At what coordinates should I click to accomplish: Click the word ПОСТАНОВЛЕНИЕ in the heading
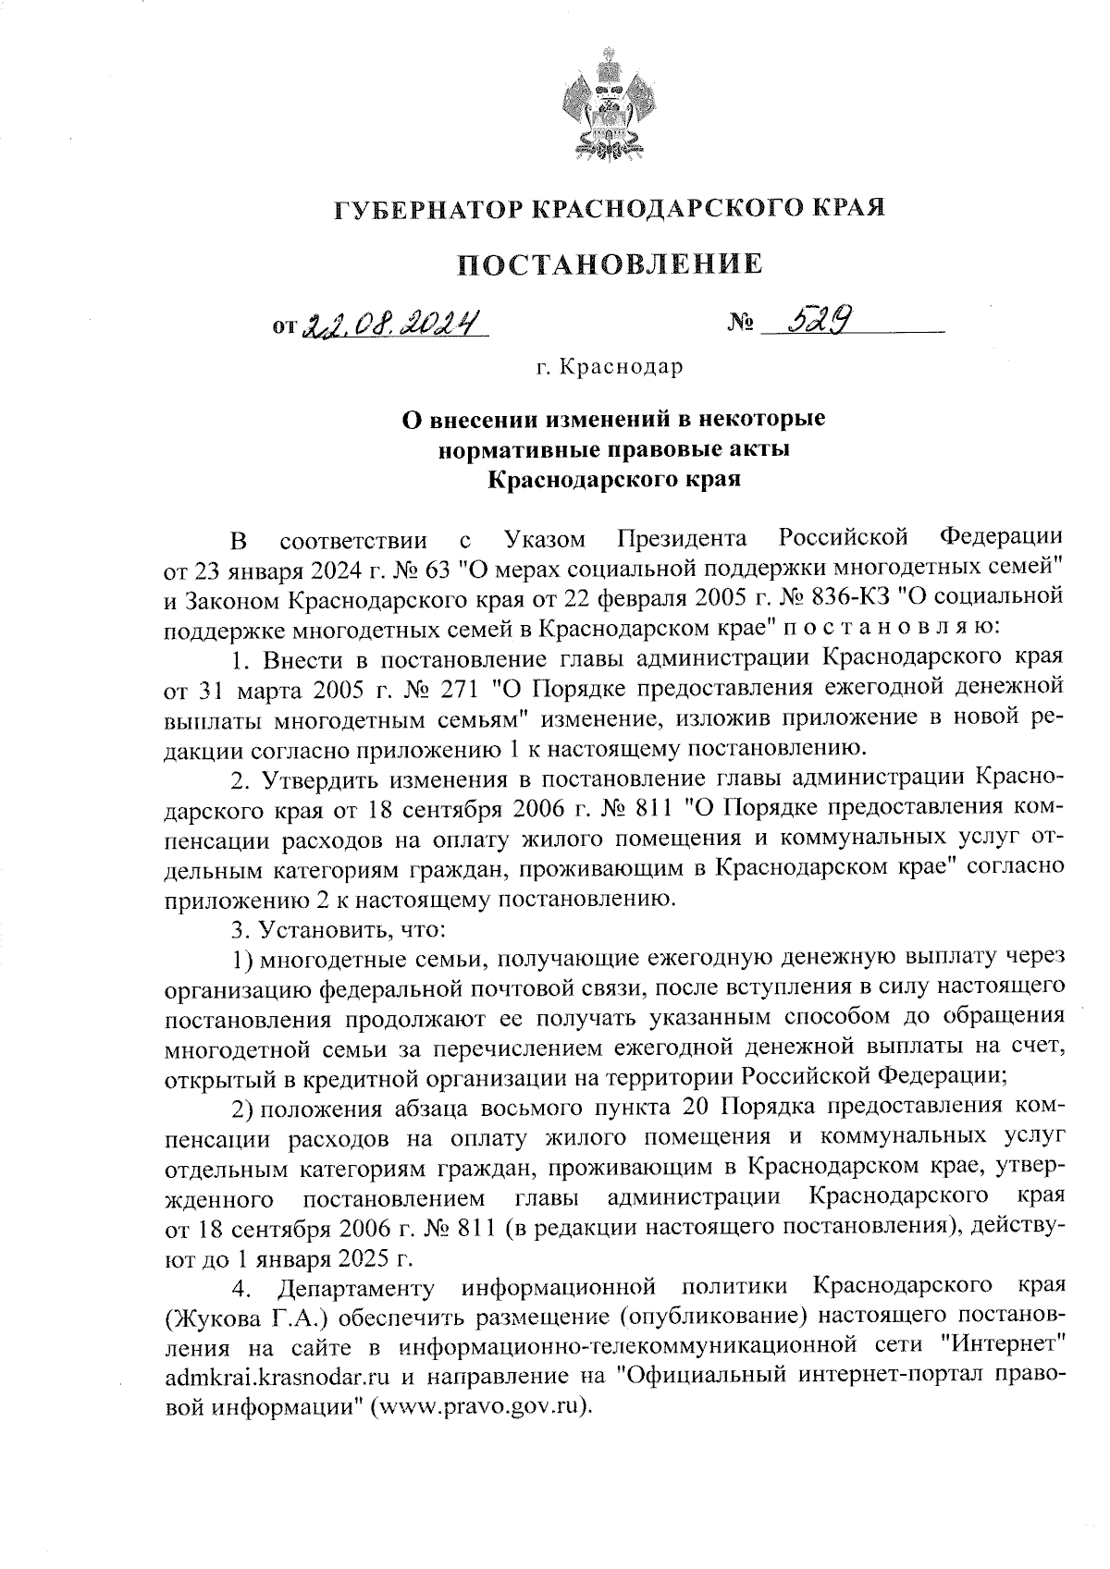click(611, 265)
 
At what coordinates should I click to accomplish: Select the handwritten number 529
click(816, 321)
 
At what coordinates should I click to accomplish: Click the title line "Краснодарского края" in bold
click(611, 480)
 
